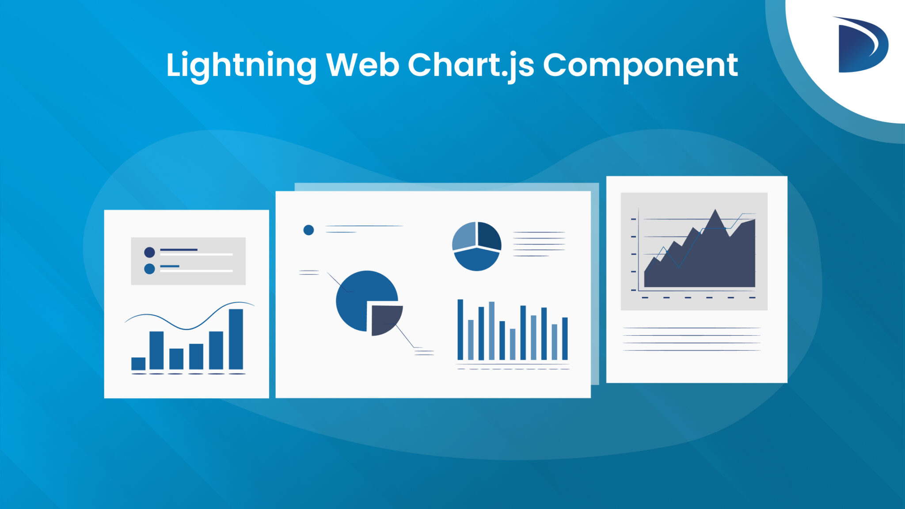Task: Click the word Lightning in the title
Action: click(x=241, y=65)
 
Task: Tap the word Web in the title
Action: click(x=362, y=65)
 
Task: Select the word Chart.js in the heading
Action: click(x=471, y=65)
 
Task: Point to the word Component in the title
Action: click(x=640, y=65)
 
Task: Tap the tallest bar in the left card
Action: click(x=236, y=339)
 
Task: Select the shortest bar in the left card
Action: click(x=138, y=363)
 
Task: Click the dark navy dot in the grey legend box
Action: click(x=149, y=252)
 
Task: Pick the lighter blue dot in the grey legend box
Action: click(x=149, y=269)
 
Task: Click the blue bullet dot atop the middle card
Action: click(x=308, y=230)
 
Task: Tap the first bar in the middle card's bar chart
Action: click(x=460, y=329)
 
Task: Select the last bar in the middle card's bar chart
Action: click(x=565, y=338)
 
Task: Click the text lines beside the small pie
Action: click(x=539, y=243)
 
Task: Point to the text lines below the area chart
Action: click(x=691, y=339)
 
